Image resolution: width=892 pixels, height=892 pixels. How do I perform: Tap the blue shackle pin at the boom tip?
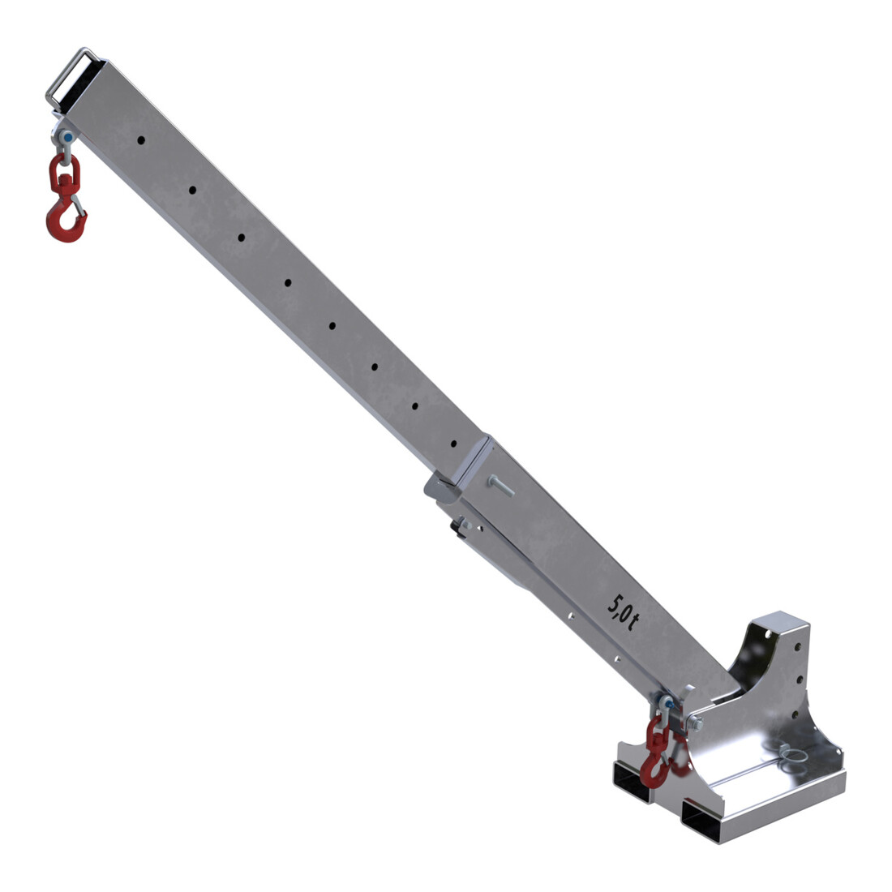tap(68, 138)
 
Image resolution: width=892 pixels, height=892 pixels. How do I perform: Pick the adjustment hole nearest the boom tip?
tap(141, 140)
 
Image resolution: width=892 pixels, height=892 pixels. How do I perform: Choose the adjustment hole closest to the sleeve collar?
tap(453, 443)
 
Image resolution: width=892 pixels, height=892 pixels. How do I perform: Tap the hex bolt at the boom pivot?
tap(696, 723)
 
